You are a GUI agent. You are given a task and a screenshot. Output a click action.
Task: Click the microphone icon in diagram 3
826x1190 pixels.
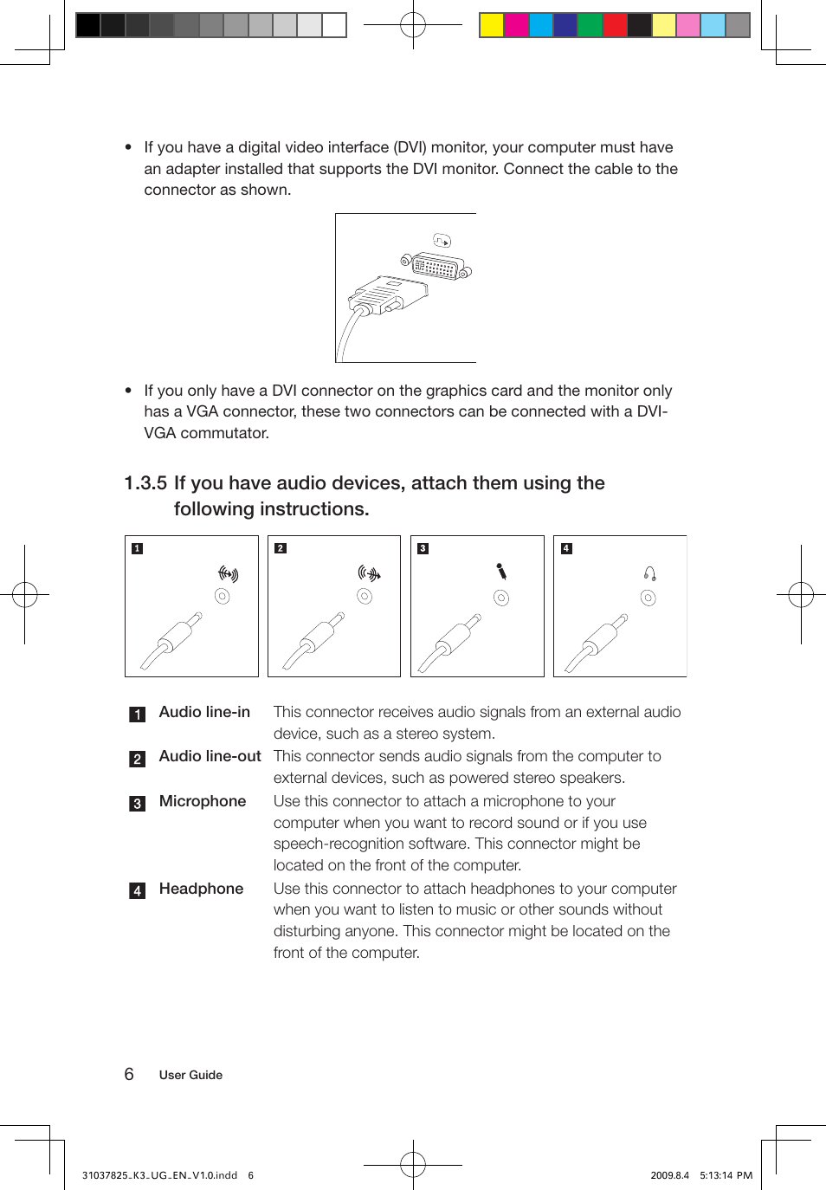[501, 572]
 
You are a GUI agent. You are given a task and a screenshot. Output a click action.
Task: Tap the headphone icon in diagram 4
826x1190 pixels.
[649, 573]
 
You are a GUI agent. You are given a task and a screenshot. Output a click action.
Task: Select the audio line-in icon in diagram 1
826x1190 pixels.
[228, 573]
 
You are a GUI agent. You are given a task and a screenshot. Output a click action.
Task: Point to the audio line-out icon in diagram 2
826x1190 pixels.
[370, 573]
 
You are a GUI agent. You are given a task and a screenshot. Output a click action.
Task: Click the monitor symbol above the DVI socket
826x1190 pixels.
[442, 241]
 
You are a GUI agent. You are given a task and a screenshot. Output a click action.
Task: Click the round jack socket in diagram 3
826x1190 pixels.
[501, 598]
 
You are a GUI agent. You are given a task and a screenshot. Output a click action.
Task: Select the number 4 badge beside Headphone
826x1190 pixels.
[137, 890]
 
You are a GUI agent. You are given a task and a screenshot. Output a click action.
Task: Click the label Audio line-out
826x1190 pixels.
[210, 756]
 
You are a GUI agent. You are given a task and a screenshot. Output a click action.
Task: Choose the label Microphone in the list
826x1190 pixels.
[203, 801]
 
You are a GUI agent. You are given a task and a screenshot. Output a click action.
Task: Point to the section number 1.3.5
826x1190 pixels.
[145, 483]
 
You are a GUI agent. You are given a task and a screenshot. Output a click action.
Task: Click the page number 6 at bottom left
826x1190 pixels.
[129, 1074]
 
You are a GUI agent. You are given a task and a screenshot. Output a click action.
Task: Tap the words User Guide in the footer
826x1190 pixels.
[190, 1075]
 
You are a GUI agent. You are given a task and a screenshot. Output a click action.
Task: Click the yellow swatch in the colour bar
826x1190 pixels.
[492, 25]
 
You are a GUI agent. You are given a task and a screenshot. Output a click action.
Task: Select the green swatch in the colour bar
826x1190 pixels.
[590, 25]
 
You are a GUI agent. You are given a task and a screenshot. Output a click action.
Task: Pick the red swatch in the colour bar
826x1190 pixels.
[615, 25]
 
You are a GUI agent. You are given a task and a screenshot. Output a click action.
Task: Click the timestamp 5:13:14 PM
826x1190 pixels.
[726, 1175]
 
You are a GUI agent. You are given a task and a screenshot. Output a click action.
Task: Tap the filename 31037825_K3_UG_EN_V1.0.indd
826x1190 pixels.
[159, 1175]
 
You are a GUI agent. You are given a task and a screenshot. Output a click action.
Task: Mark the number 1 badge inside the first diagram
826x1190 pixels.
[137, 548]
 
